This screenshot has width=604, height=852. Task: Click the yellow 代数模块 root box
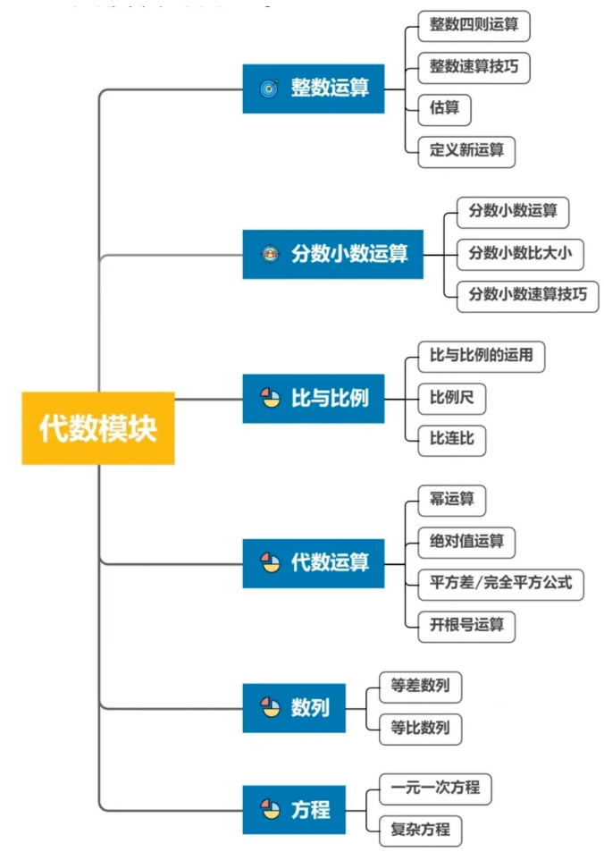tap(98, 428)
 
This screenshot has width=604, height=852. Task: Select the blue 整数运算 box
tap(314, 89)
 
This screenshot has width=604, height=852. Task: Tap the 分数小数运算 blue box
tap(332, 254)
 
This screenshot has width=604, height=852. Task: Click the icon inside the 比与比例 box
tap(270, 399)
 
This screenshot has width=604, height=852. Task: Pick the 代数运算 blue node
tap(314, 563)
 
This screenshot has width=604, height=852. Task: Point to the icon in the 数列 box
tap(270, 708)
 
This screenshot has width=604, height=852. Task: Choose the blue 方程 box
tap(294, 810)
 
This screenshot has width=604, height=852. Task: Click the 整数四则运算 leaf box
tap(474, 24)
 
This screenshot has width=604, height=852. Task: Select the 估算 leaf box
tap(444, 108)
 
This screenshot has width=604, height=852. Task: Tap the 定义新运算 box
tap(466, 150)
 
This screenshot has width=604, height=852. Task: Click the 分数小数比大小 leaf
tap(520, 253)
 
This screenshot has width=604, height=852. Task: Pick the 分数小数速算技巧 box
tap(527, 294)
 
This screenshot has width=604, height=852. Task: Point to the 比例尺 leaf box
tap(451, 399)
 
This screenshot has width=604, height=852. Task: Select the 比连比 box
tap(451, 440)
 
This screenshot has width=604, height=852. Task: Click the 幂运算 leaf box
tap(451, 500)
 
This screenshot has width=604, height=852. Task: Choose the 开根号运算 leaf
tap(466, 624)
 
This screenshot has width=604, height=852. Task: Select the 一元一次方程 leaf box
tap(435, 789)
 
